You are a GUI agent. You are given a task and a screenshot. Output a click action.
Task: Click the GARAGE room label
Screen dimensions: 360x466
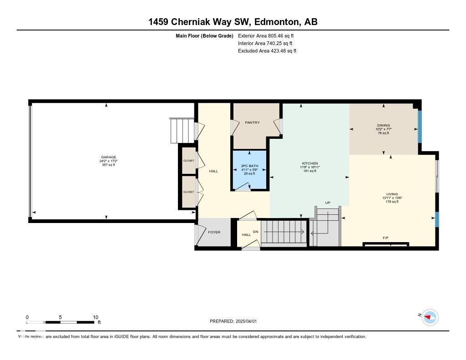(x=109, y=157)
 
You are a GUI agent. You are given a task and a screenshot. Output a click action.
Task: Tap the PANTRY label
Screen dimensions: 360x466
(x=252, y=122)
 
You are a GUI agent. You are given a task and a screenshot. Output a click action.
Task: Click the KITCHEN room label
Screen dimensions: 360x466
(x=310, y=163)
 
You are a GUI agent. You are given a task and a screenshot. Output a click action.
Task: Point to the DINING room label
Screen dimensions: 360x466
(x=384, y=125)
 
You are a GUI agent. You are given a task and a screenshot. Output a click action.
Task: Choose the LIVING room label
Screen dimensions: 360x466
(x=392, y=194)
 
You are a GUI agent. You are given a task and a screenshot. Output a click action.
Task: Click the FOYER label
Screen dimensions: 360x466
(x=214, y=232)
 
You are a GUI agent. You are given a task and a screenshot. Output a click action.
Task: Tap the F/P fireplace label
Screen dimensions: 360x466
(x=385, y=238)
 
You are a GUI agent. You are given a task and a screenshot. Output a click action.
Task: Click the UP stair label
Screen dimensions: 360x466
(x=327, y=203)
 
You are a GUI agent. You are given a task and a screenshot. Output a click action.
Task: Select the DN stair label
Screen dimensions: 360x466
(x=256, y=232)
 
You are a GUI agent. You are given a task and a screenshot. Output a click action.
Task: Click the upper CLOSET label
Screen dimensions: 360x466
(x=188, y=161)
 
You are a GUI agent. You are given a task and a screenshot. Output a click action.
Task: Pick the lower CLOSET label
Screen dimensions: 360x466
(x=188, y=192)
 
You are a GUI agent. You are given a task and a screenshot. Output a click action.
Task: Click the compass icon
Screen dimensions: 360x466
(x=430, y=317)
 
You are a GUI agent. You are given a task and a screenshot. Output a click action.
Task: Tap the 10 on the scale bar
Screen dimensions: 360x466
(x=96, y=317)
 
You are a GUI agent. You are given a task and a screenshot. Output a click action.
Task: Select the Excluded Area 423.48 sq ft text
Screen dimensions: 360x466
(x=267, y=51)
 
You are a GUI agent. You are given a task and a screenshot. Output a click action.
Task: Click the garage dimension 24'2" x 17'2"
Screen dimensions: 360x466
(x=109, y=161)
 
